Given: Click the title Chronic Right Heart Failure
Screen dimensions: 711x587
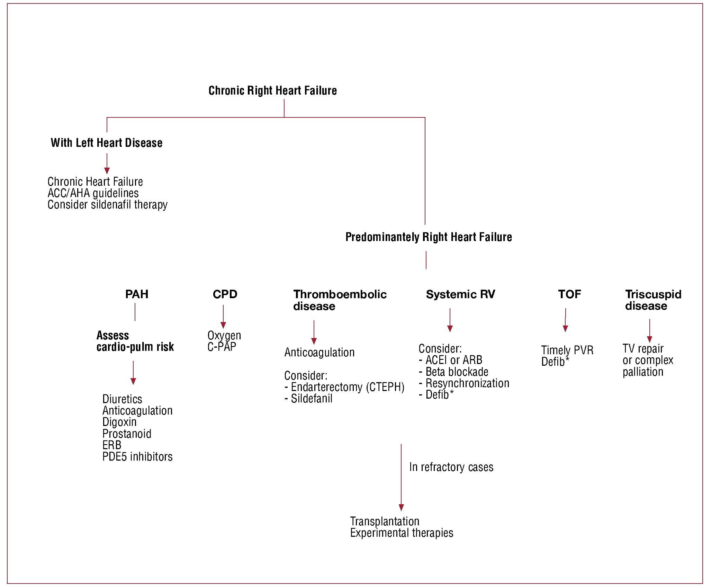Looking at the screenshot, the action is click(272, 91).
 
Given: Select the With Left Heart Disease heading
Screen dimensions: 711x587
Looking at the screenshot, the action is click(106, 143).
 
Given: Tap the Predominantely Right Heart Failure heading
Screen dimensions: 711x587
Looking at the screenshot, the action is click(429, 237).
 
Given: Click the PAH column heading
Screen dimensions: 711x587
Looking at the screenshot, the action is click(137, 294).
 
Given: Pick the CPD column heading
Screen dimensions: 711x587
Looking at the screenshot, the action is click(225, 294).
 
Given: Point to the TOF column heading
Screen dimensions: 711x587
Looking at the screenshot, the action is click(569, 294).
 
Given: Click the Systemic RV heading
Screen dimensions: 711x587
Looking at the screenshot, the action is click(460, 294).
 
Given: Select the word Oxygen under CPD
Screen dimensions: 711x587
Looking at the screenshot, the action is click(224, 335).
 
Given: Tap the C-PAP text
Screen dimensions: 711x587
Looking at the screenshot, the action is click(222, 347).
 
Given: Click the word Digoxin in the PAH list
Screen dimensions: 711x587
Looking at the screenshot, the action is click(119, 422).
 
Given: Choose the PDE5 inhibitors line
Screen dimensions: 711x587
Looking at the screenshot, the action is click(137, 456).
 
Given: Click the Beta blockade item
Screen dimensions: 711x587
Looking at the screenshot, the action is click(457, 372).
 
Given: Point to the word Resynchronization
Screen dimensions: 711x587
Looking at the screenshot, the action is click(467, 383).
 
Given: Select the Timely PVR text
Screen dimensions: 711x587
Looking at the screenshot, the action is click(567, 350).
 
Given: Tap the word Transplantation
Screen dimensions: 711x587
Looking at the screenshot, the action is click(385, 521).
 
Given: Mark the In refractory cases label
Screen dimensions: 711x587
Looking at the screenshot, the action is click(451, 467).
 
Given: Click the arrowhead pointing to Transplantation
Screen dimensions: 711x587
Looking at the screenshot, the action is click(401, 507).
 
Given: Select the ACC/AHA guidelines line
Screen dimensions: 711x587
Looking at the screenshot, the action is click(93, 193).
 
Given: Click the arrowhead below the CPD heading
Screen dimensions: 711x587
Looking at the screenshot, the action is click(223, 325).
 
